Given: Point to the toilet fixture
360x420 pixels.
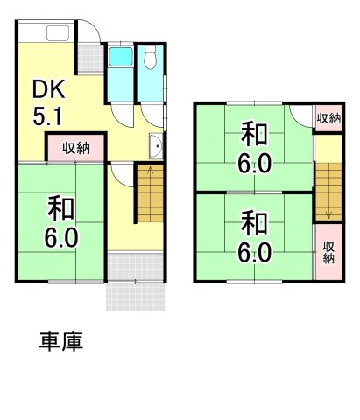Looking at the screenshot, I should [151, 59].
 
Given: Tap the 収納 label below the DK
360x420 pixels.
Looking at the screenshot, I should [75, 148].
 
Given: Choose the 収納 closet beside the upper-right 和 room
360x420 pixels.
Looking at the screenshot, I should [328, 118].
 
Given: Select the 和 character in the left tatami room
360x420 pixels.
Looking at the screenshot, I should [60, 208].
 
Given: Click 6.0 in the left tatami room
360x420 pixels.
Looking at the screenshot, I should [61, 236].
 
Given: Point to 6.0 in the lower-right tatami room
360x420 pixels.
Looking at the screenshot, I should [253, 251].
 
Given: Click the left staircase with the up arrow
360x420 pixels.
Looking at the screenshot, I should [149, 194].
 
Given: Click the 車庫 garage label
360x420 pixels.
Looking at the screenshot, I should [61, 341].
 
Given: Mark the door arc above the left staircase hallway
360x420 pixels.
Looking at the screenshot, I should [121, 171].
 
